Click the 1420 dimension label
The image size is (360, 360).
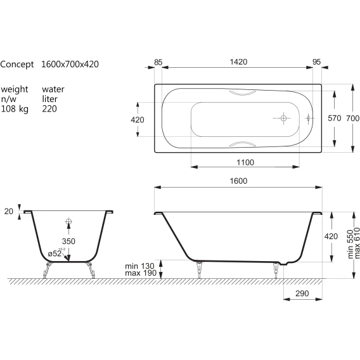[x=238, y=61]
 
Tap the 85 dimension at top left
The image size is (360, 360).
[x=158, y=62]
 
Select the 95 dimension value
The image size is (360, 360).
[x=316, y=61]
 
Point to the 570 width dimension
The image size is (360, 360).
[x=335, y=119]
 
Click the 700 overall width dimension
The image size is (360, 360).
[x=352, y=119]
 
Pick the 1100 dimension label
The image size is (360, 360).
[x=245, y=162]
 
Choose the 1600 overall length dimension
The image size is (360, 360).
[x=238, y=181]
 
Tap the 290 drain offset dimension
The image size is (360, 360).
[x=302, y=293]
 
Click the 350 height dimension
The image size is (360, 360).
[x=68, y=241]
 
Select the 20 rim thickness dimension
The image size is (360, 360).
[x=9, y=211]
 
